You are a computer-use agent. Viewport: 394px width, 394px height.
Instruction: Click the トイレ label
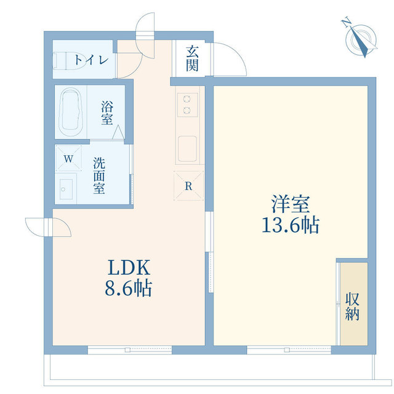click(91, 60)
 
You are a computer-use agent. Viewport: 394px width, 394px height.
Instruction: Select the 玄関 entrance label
click(192, 58)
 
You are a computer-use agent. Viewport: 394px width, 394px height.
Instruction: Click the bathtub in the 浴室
click(71, 112)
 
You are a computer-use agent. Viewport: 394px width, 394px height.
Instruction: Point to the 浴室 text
click(107, 113)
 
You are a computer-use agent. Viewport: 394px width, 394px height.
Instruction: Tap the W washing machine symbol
click(68, 158)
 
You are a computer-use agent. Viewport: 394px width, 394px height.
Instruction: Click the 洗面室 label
click(99, 175)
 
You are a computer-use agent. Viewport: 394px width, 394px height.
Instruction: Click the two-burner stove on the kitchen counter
click(187, 105)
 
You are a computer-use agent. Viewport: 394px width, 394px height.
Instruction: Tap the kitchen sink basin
click(187, 149)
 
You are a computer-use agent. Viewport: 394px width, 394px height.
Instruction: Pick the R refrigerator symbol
click(188, 186)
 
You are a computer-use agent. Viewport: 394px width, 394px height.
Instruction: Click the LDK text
click(129, 267)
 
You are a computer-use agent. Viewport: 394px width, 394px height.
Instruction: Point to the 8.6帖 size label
click(129, 288)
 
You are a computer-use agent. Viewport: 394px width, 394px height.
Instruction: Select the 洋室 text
click(291, 204)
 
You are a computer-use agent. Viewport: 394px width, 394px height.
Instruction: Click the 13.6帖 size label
click(291, 225)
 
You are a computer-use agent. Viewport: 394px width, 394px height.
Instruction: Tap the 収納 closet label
click(352, 307)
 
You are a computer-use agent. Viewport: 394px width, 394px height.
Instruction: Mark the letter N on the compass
click(347, 22)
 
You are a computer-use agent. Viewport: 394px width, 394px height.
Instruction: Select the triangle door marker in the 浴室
click(118, 132)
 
